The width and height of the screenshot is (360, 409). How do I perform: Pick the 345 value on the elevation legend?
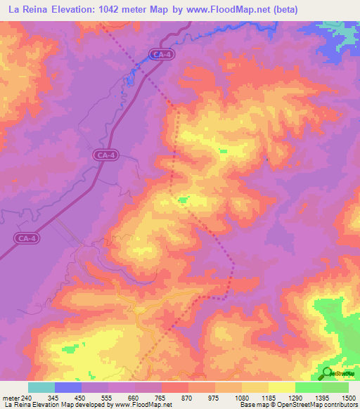[x=68, y=397]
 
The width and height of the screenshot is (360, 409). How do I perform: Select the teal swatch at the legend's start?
[x=41, y=387]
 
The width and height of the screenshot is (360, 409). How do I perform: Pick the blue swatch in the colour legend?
[x=68, y=387]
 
